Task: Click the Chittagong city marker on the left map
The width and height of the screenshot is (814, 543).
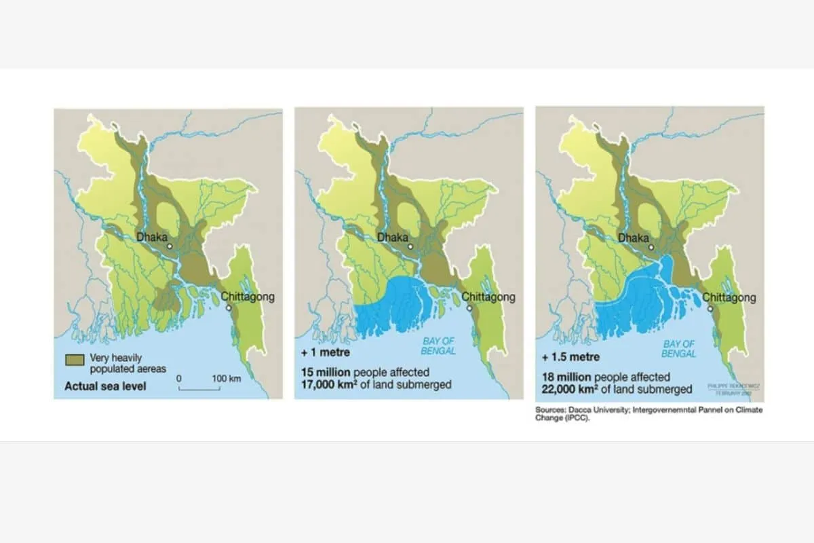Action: coord(229,308)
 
